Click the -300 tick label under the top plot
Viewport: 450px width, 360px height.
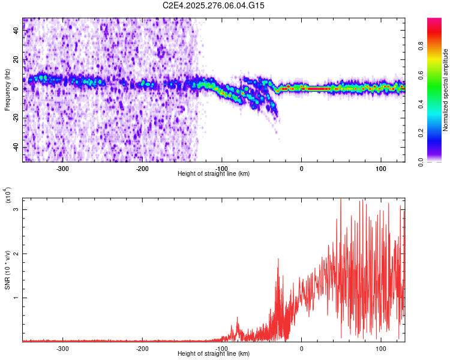click(63, 168)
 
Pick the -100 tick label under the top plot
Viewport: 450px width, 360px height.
click(222, 168)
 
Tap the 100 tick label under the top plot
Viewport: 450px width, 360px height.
click(381, 168)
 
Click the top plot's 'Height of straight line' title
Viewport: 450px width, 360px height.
click(214, 173)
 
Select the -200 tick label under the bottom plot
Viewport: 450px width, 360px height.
click(142, 348)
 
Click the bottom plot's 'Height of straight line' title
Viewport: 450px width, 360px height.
click(214, 353)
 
